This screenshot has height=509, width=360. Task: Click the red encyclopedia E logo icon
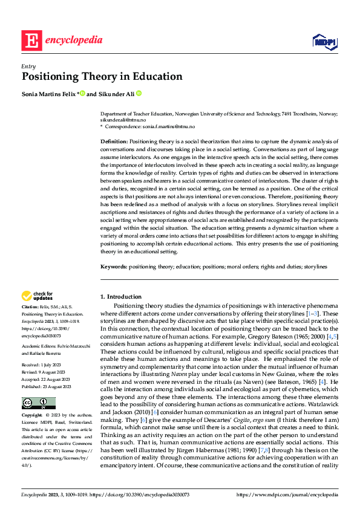(31, 41)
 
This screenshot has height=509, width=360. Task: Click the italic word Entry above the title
(28, 66)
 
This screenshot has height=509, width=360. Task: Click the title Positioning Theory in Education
(102, 77)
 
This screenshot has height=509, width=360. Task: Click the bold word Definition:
(114, 141)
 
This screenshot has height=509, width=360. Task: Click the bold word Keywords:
(114, 267)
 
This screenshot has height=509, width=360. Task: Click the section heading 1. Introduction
(121, 297)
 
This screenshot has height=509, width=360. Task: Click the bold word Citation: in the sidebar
(31, 307)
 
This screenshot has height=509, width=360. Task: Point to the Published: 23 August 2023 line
(46, 369)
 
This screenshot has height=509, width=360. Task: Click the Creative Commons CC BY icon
(38, 386)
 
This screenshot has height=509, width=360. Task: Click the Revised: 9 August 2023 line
(45, 355)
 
